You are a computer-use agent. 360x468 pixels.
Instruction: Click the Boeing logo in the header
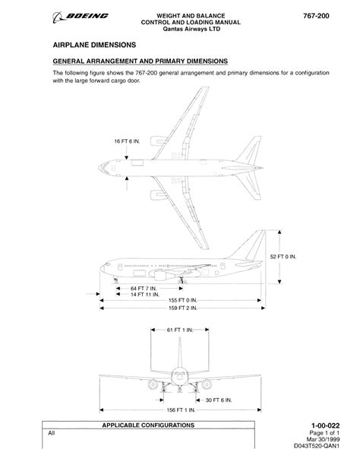coord(81,17)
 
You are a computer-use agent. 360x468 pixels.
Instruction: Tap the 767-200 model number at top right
coord(316,16)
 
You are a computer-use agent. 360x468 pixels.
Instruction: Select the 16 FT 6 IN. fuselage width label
coord(127,141)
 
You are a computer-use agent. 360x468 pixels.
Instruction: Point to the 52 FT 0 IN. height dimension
coord(283,257)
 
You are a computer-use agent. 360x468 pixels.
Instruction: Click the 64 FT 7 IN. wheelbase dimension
coord(144,289)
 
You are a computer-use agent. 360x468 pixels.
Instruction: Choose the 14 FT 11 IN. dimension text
coord(145,295)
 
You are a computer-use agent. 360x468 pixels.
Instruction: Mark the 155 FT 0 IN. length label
coord(183,300)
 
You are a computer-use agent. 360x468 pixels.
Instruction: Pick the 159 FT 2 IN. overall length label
coord(183,308)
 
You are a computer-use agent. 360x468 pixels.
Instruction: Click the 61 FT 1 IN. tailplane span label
coord(180,330)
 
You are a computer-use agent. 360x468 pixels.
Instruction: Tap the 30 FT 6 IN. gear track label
coord(219,400)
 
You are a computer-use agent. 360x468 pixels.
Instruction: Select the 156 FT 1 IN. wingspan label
coord(181,410)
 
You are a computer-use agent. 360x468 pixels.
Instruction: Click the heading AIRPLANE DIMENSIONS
coord(94,45)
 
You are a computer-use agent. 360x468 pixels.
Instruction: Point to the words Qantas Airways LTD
coord(191,29)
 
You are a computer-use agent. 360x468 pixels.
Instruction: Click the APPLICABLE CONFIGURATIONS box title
coord(148,425)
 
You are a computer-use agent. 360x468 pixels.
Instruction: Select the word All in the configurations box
coord(52,433)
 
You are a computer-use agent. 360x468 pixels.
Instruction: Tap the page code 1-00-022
coord(325,425)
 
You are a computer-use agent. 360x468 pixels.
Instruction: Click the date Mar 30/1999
coord(323,439)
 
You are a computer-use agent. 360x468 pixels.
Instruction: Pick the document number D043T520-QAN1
coord(317,446)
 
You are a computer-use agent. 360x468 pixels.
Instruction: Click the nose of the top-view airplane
coord(99,168)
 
